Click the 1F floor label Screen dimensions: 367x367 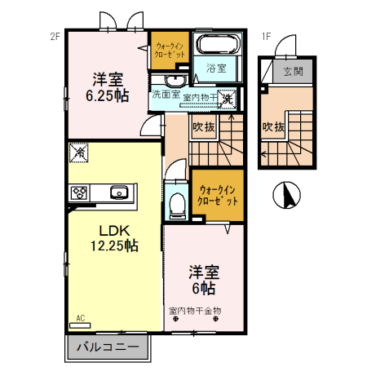coord(266,36)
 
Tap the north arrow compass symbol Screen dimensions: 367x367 coord(286,196)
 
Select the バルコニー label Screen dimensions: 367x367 coord(108,347)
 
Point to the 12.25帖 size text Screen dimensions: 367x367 coord(113,245)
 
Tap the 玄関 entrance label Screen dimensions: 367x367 coord(293,72)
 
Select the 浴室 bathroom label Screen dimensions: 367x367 coord(216,69)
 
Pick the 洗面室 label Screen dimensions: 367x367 coord(166,95)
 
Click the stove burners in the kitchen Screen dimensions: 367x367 coord(80,193)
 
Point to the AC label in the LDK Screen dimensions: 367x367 coord(81,318)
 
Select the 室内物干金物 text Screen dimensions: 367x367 coord(195,311)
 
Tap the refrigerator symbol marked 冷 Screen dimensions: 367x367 coord(80,151)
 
